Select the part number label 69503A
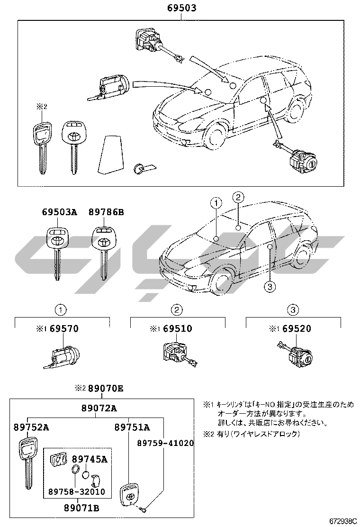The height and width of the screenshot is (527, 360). pyautogui.click(x=59, y=213)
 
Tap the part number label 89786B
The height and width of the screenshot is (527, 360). pyautogui.click(x=106, y=213)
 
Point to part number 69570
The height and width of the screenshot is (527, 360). pyautogui.click(x=64, y=328)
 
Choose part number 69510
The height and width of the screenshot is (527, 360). pyautogui.click(x=178, y=328)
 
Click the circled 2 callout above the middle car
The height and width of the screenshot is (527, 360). pyautogui.click(x=238, y=197)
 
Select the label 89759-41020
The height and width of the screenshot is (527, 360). pyautogui.click(x=165, y=443)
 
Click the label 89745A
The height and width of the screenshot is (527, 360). pyautogui.click(x=90, y=459)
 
